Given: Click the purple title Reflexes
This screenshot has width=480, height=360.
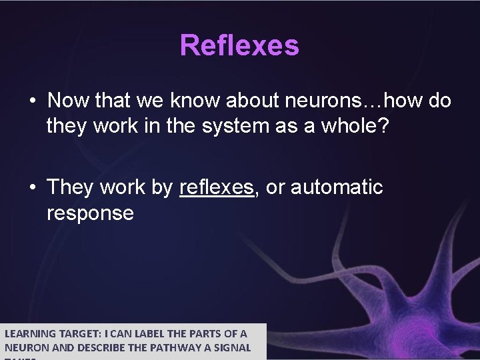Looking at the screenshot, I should click(239, 46).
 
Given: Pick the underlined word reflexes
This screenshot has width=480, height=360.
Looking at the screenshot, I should click(217, 188).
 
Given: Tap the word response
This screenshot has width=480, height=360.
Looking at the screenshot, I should click(90, 213).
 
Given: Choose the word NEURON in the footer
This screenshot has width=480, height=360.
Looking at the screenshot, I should click(24, 347).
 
